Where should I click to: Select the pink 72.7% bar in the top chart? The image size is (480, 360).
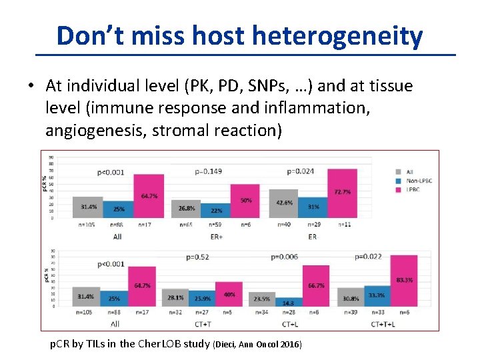pos(342,193)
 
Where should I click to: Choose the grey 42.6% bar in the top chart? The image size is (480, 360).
pos(283,203)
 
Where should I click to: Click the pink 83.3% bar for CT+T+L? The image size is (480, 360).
pos(403,281)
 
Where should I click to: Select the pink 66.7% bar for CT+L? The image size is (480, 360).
pos(316,286)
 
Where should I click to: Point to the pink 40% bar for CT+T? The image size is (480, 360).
pos(229,294)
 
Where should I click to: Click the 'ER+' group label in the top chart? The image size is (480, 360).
pos(215,236)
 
